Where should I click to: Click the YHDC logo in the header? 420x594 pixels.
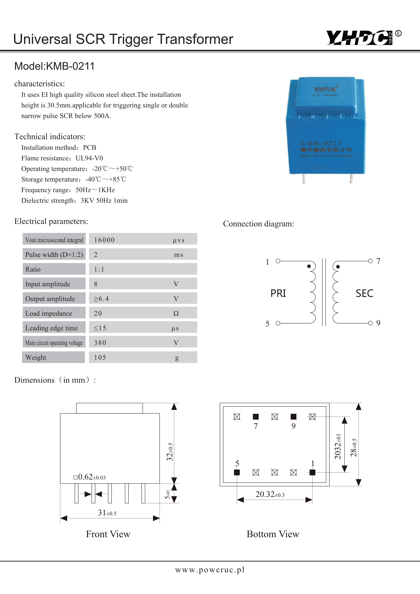(x=360, y=38)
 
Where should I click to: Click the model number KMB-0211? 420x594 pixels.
(x=70, y=66)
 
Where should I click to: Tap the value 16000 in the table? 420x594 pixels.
(x=104, y=240)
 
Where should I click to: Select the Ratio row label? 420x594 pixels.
(x=33, y=269)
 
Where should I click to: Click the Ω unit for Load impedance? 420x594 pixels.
(x=176, y=313)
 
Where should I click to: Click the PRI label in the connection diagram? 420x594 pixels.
(x=278, y=293)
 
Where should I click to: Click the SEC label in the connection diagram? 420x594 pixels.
(x=364, y=293)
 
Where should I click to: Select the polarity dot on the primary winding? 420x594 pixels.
(x=309, y=266)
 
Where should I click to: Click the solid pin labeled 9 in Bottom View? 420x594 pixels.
(x=293, y=416)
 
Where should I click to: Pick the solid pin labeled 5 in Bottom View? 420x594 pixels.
(x=237, y=472)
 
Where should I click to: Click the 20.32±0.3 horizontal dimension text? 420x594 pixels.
(x=270, y=494)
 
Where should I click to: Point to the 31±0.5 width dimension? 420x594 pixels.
(x=107, y=513)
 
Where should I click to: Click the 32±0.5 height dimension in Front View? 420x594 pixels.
(x=170, y=452)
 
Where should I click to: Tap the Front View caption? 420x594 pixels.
(x=108, y=534)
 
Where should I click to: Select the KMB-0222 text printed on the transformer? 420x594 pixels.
(x=320, y=143)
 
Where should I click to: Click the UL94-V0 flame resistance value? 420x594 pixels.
(x=89, y=158)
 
